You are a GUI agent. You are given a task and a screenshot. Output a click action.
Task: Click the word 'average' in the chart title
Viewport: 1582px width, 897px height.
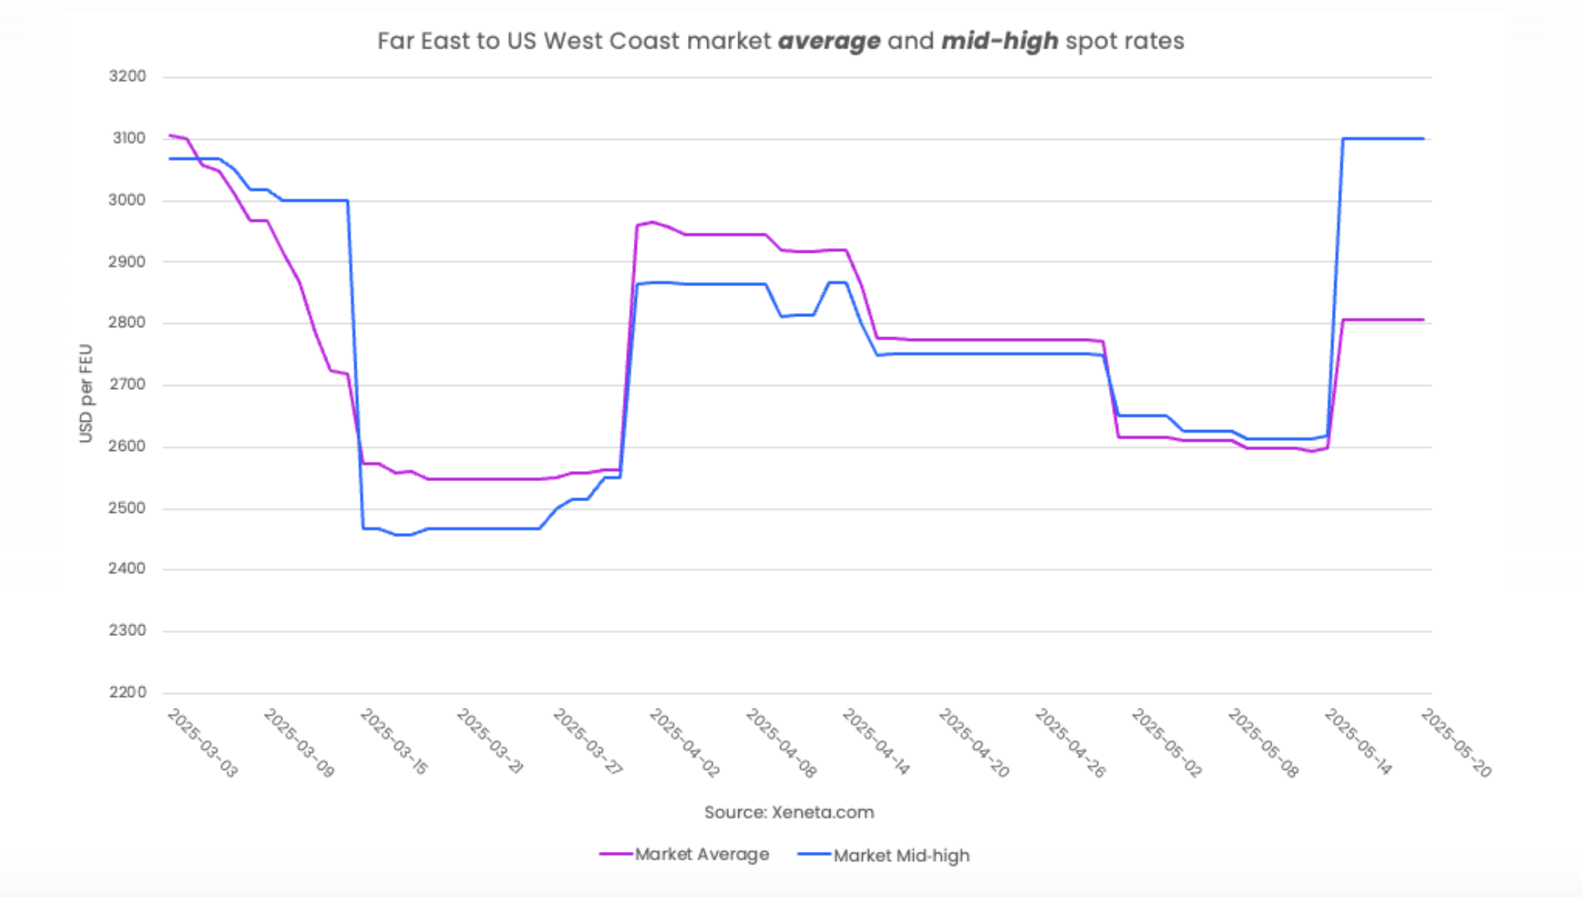(x=829, y=41)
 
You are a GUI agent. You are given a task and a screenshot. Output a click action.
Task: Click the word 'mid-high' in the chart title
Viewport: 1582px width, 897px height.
(x=999, y=41)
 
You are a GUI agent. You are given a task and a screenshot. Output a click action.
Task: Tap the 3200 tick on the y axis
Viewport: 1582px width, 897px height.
(x=127, y=76)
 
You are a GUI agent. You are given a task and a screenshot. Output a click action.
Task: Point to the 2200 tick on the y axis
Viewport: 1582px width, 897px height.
(x=127, y=692)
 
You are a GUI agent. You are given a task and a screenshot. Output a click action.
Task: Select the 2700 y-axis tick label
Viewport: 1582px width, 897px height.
(x=127, y=384)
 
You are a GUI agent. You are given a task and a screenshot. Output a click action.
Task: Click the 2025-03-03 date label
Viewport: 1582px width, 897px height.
(x=203, y=743)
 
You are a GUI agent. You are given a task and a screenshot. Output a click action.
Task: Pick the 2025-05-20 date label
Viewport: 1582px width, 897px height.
(x=1456, y=743)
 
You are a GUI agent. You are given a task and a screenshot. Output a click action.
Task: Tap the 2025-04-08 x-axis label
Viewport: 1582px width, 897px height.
(x=781, y=743)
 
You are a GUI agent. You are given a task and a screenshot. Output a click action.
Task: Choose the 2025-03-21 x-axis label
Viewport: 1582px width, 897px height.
(x=491, y=743)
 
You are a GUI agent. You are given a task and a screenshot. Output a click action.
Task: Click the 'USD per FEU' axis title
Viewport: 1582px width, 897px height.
(x=85, y=393)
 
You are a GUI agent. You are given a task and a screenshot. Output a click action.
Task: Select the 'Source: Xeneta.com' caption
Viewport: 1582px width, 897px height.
(x=788, y=812)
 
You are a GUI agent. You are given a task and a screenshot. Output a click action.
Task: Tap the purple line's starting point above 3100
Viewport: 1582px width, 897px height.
(x=171, y=135)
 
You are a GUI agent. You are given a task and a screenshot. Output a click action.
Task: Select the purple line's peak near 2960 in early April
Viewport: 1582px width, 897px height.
(x=652, y=223)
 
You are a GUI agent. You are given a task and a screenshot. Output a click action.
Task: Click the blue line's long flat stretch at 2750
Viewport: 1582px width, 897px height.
(x=988, y=354)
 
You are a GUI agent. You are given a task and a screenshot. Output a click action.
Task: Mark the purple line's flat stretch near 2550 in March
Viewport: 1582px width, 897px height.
(x=485, y=479)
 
